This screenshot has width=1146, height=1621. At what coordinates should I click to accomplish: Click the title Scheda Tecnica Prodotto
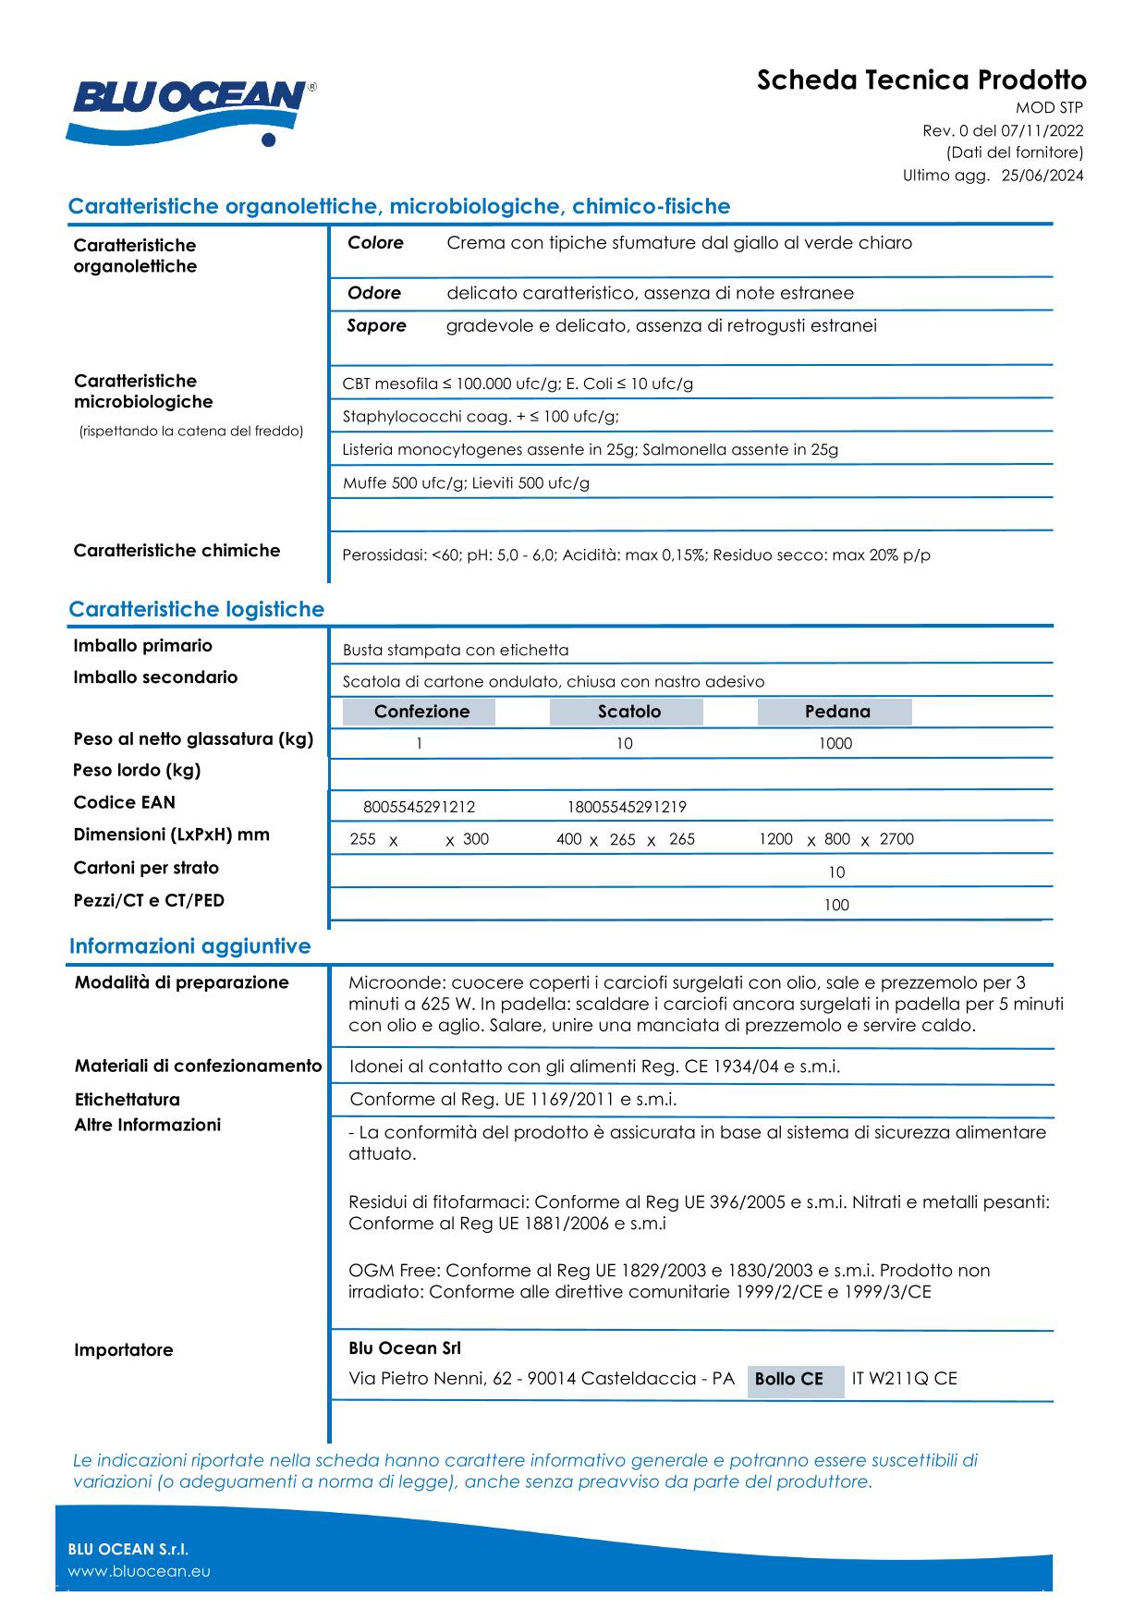tap(920, 80)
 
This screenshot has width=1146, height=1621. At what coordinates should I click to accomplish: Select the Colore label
tap(375, 243)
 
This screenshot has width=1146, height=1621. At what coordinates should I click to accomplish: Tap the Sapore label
tap(376, 325)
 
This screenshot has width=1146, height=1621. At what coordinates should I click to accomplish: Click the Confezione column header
tap(421, 712)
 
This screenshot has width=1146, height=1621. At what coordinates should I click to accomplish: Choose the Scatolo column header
tap(628, 712)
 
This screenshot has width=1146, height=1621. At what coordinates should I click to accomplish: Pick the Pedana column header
tap(836, 712)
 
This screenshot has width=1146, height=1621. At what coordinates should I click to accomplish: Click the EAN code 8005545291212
tap(419, 807)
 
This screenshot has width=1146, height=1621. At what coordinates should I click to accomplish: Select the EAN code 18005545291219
tap(627, 807)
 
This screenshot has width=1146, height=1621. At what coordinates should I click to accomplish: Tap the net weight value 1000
tap(835, 744)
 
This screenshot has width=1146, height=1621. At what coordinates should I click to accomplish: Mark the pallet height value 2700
tap(896, 839)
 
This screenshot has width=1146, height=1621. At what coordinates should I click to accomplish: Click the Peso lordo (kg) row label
tap(137, 771)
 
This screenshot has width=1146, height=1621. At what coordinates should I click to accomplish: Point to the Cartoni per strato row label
tap(146, 868)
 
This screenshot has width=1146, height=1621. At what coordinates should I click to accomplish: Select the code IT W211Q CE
tap(904, 1379)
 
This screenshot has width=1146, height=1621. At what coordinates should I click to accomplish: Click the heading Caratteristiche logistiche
tap(196, 610)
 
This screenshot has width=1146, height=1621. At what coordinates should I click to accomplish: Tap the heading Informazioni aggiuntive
tap(189, 946)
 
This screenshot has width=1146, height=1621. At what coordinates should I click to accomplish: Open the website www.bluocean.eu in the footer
tap(140, 1571)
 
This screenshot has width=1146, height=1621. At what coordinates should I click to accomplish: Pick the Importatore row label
tap(124, 1350)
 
